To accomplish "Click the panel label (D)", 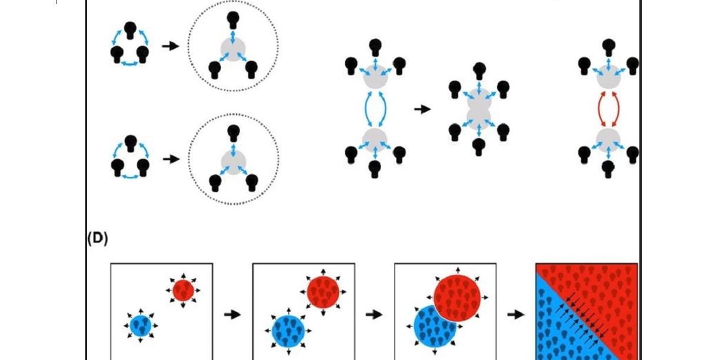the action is (98, 238).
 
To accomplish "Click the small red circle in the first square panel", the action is (183, 291).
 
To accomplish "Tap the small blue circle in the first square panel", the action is (141, 326).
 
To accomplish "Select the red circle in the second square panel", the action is (323, 292).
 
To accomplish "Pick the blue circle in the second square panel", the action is (288, 331).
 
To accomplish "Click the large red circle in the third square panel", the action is (457, 298).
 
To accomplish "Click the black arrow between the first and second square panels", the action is (232, 314).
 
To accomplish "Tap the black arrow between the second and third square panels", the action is (374, 314).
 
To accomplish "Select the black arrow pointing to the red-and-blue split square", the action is (516, 314).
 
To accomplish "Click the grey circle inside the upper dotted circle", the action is (233, 49).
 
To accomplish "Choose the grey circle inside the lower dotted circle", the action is (234, 162).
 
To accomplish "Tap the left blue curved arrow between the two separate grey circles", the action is (366, 109).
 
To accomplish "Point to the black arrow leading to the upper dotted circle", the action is (171, 46).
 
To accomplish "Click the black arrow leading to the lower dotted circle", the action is (171, 159).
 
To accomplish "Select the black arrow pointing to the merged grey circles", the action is (422, 109).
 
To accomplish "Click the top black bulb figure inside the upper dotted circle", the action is (233, 20).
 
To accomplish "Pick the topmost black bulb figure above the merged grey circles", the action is (479, 71).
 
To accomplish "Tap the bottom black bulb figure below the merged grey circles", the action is (479, 147).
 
